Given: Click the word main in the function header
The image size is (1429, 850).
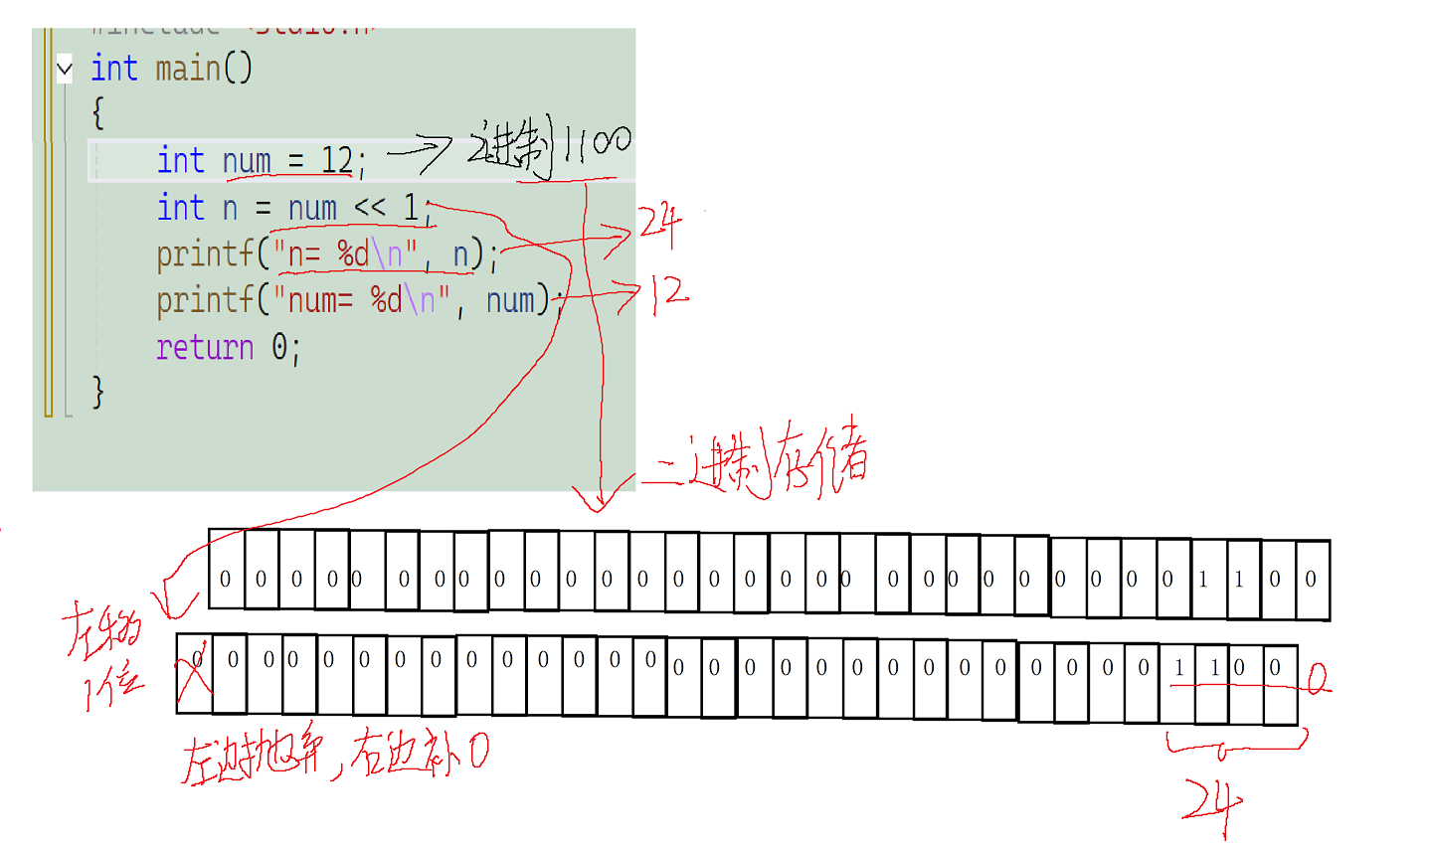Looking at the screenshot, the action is [188, 70].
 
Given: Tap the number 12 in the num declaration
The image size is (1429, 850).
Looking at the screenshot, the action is [336, 160].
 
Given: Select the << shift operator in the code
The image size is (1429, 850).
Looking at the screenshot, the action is [370, 208].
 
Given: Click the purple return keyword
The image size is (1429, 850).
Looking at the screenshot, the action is [205, 347].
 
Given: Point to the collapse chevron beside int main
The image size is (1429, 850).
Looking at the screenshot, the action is [65, 70].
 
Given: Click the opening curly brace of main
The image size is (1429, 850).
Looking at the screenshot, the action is [97, 113].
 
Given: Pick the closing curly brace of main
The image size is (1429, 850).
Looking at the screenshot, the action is [97, 392].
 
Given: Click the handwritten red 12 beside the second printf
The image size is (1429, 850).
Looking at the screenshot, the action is [669, 294].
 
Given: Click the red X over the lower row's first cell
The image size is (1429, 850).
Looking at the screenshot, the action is [195, 672].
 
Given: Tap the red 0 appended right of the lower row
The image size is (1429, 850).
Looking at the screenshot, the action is [1317, 679].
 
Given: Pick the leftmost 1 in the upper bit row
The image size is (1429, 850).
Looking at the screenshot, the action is [1203, 579].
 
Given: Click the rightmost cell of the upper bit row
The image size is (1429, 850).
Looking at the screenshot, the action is [1311, 579].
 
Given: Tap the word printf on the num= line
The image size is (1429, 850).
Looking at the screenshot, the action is [205, 299].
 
